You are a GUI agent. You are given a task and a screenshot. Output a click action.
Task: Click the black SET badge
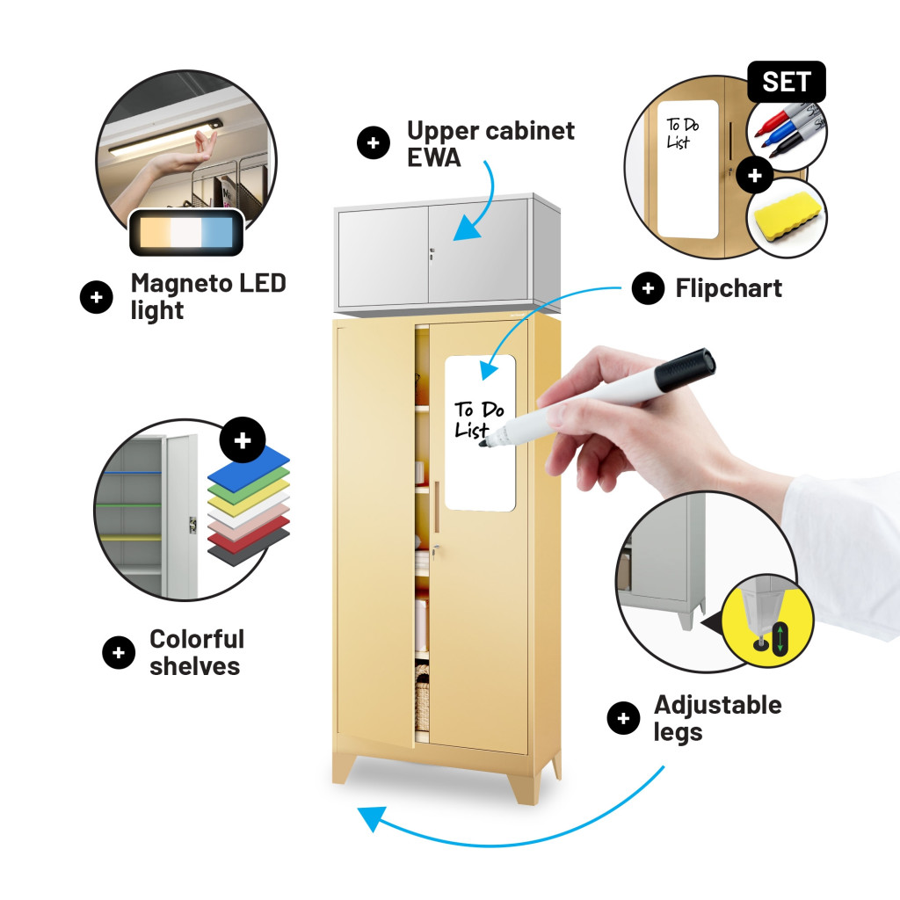coord(786,82)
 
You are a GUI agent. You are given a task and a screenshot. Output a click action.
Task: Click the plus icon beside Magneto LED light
coord(96,297)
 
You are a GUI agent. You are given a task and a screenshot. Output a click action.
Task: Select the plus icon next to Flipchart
coord(648,288)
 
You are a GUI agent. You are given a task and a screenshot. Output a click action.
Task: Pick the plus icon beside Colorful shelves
coord(119,652)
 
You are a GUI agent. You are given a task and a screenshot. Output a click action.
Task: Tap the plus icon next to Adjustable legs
coord(623,719)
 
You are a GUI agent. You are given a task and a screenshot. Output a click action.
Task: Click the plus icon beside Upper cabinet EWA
coord(374,143)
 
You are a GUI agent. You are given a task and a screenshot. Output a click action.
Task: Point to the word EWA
coord(434,160)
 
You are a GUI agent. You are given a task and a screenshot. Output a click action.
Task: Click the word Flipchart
coord(729,288)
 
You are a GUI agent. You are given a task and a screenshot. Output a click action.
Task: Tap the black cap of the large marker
coord(686,368)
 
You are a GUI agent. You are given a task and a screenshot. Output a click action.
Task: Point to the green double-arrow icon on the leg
coord(778,636)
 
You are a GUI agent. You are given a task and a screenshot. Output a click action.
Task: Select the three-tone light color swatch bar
coord(186,234)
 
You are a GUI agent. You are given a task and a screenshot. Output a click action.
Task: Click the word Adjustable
coord(717,705)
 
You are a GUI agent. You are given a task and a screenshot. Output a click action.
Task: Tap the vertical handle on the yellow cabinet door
coord(436,505)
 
